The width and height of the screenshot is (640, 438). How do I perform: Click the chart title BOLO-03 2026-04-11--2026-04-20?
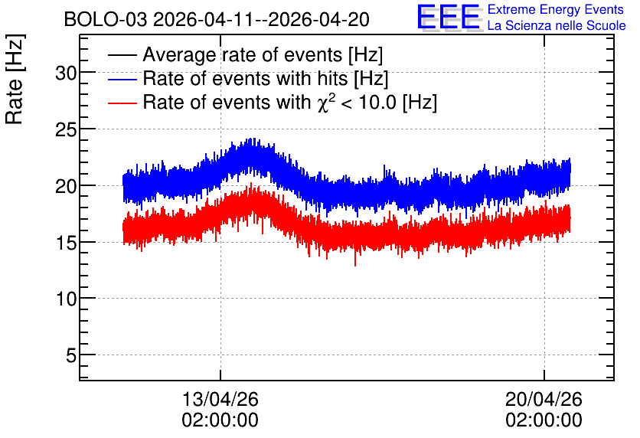[x=217, y=20]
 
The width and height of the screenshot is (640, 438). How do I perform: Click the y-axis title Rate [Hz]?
[x=15, y=79]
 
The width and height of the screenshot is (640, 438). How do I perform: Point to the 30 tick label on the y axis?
[x=66, y=74]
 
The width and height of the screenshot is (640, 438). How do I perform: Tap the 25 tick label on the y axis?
[x=66, y=130]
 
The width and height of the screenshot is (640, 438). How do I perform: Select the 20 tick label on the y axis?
[x=66, y=187]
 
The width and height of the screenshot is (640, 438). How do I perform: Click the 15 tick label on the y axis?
[x=66, y=244]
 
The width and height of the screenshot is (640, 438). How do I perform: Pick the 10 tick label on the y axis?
[x=66, y=299]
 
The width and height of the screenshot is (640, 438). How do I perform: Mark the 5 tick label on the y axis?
[x=71, y=356]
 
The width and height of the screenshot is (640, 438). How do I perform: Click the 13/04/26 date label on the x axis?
[x=220, y=399]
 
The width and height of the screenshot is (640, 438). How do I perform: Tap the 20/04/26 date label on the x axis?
[x=544, y=399]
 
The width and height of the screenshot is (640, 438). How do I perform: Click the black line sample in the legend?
[x=122, y=55]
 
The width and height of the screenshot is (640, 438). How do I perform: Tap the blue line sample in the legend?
[x=122, y=79]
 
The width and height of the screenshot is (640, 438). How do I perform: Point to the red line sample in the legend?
[x=122, y=103]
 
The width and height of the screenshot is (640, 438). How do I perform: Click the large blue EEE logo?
[x=449, y=17]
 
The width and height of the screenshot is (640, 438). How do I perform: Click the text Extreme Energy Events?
[x=556, y=9]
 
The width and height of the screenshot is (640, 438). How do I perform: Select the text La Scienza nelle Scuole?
[x=557, y=25]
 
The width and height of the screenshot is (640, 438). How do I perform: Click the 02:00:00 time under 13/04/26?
[x=220, y=420]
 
